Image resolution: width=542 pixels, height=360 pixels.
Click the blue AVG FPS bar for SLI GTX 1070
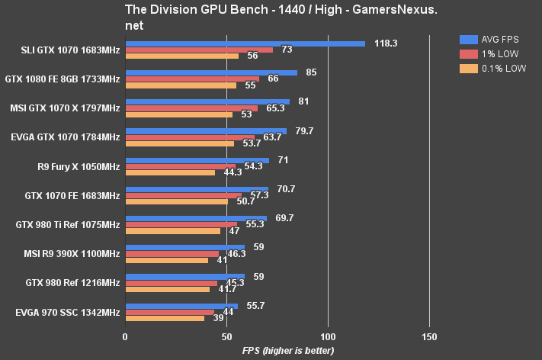[245, 43]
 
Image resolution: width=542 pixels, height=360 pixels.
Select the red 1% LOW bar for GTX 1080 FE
[192, 79]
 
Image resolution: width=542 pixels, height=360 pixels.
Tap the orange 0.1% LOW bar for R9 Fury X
[170, 172]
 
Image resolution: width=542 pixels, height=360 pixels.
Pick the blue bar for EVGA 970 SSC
[181, 306]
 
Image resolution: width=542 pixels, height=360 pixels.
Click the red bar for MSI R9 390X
[172, 254]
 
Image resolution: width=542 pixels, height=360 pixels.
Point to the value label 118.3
[386, 43]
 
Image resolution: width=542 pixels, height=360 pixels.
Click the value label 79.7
[304, 131]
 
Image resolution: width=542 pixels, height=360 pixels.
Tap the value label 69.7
[284, 217]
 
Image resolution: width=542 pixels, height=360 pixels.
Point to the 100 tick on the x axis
[328, 336]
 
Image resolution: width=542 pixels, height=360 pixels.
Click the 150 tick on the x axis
[429, 336]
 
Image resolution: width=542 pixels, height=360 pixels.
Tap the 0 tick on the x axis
[125, 336]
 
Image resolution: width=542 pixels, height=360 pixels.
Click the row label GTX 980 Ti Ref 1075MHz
[68, 225]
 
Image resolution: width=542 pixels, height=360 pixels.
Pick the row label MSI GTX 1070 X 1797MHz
[65, 108]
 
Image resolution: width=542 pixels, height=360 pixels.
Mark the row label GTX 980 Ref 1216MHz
[72, 283]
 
